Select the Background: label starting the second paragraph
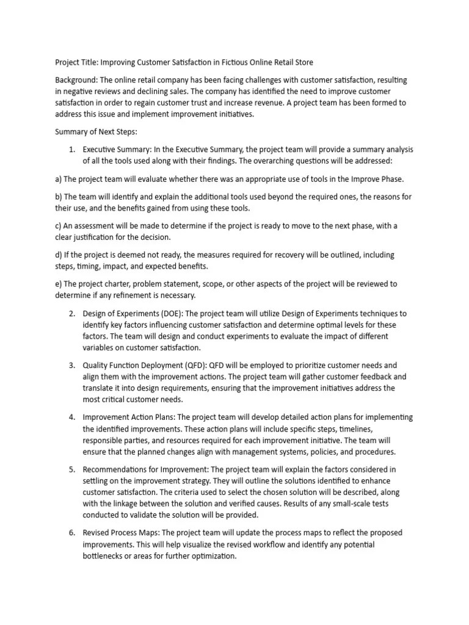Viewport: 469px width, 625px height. tap(76, 81)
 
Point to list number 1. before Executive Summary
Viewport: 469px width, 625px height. tap(71, 150)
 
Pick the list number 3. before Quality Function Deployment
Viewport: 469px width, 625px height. tap(71, 365)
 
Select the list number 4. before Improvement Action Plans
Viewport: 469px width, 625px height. tap(71, 417)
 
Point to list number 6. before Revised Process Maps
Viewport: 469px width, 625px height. tap(71, 533)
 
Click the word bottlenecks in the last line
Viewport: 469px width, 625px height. tap(107, 556)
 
